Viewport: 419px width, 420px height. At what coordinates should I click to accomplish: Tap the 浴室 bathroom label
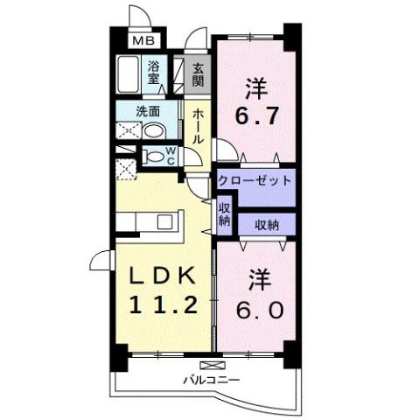tap(155, 72)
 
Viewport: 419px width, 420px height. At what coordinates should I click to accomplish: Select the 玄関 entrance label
tap(199, 73)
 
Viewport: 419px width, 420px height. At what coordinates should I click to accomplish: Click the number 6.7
tap(253, 115)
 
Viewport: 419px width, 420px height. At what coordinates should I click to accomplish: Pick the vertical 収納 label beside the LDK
tap(224, 213)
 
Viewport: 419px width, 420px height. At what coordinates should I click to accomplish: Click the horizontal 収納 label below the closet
tap(267, 224)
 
